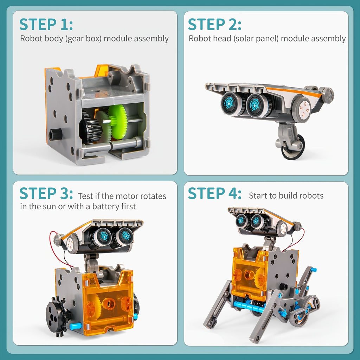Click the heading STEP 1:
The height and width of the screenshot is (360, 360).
46,25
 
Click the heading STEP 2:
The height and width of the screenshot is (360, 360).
214,25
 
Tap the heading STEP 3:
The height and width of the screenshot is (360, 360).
46,194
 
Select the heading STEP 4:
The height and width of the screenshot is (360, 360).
214,194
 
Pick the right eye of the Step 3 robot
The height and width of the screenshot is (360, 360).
124,237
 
